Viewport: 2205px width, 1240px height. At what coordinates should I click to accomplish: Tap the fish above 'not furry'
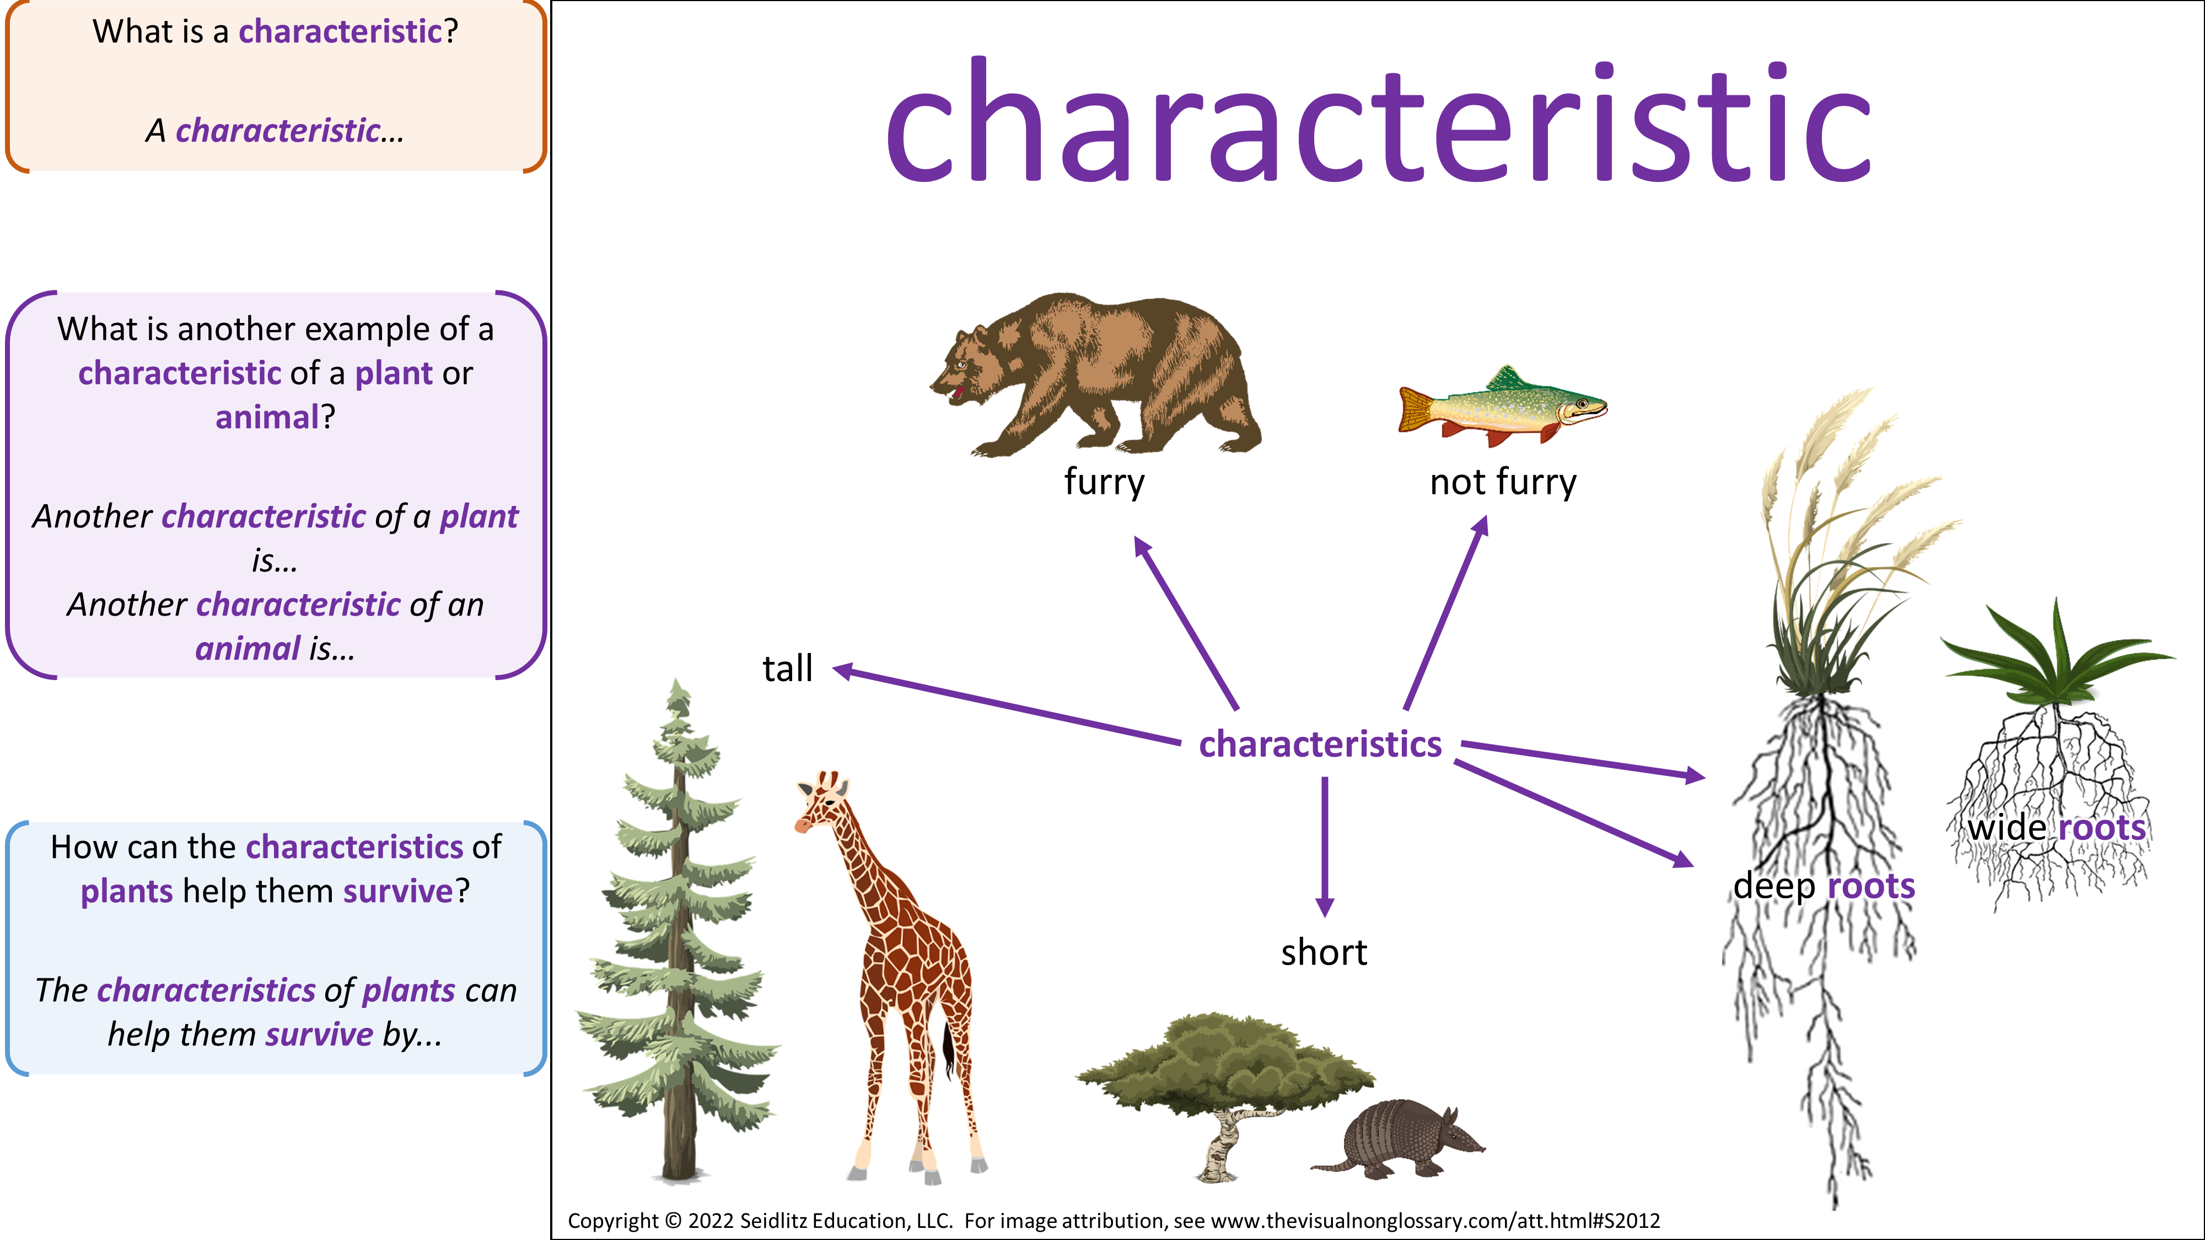tap(1502, 407)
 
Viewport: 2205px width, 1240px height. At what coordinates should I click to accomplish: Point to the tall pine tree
tap(678, 933)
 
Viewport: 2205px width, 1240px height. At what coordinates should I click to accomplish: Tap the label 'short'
tap(1324, 952)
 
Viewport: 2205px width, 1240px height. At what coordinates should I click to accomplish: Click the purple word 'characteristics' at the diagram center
tap(1320, 743)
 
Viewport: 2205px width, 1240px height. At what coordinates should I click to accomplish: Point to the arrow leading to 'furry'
tap(1186, 622)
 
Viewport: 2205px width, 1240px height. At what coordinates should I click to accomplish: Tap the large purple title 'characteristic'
tap(1378, 120)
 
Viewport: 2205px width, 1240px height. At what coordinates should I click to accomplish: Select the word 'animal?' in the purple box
tap(275, 418)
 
